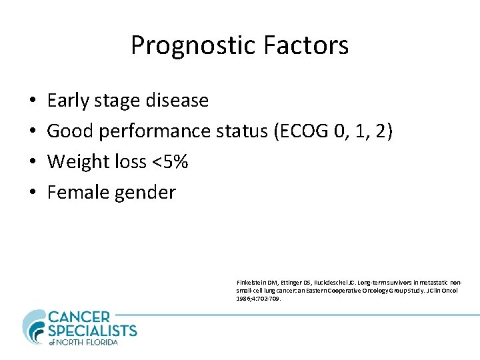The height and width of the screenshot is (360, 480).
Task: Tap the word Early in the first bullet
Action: coord(68,101)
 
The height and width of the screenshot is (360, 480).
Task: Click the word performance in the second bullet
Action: coord(155,131)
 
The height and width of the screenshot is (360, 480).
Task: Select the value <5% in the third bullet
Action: coord(166,162)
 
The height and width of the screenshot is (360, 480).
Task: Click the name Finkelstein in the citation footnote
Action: coord(251,283)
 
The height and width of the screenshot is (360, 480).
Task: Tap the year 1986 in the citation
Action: coord(243,299)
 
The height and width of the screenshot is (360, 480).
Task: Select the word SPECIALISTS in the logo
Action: coord(93,331)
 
